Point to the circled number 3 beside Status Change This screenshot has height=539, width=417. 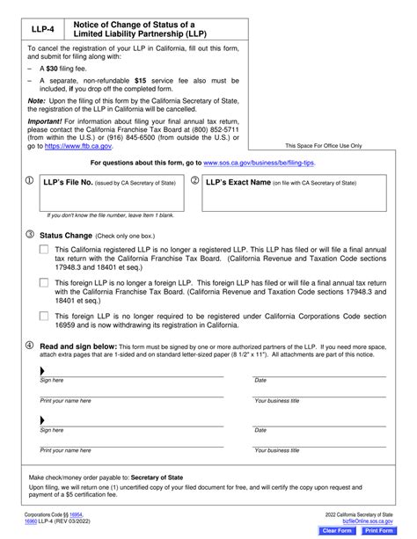31,236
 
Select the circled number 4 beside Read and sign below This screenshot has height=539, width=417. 31,346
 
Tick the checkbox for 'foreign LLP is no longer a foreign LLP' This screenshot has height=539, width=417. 44,282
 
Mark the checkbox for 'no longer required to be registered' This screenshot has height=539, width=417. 44,315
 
